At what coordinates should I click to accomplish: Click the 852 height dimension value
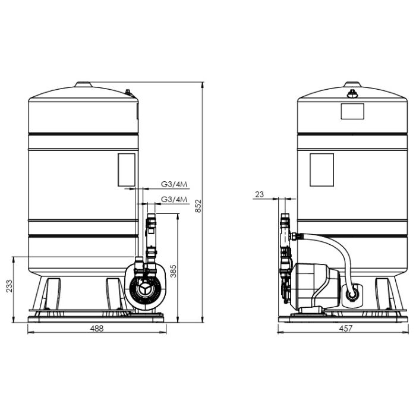(x=198, y=206)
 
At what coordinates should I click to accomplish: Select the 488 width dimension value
(x=97, y=329)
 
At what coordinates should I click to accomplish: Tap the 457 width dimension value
(x=346, y=329)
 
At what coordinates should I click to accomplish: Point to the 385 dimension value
(x=174, y=271)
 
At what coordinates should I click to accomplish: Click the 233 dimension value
(x=10, y=286)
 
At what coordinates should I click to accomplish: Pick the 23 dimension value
(x=260, y=194)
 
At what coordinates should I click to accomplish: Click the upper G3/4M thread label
(x=174, y=184)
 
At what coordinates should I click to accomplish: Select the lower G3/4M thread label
(x=174, y=199)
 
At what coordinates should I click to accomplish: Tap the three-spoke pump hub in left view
(x=144, y=290)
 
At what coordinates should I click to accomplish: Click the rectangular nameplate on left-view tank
(x=127, y=170)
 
